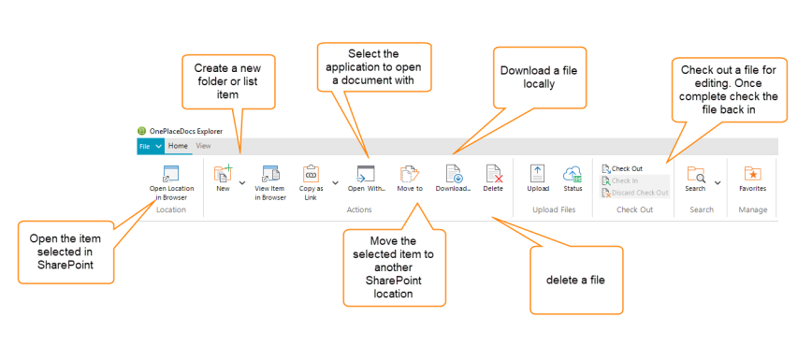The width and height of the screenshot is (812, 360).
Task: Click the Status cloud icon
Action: coord(573,173)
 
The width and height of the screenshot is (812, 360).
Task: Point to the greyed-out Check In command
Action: coord(625,180)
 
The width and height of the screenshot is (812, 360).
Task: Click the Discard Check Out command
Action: coord(635,193)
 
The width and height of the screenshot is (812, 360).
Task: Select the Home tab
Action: coord(178,147)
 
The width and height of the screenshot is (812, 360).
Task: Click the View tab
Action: coord(203,147)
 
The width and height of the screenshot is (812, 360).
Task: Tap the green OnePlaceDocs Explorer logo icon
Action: coord(142,131)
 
